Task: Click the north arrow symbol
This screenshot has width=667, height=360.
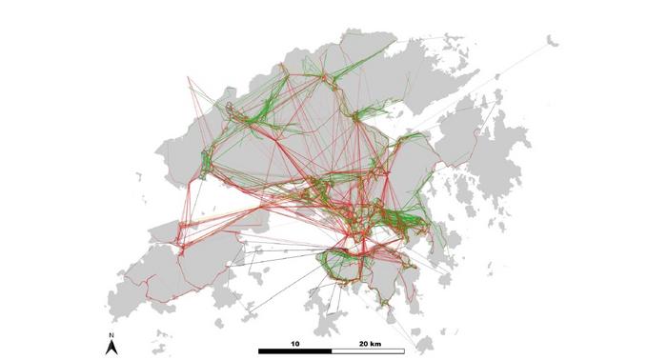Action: coord(111,348)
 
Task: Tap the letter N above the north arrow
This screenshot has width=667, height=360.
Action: coord(111,335)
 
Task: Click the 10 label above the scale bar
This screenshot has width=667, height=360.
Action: coord(295,342)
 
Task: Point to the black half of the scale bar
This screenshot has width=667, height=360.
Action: coord(295,351)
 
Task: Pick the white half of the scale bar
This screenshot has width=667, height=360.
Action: coord(368,351)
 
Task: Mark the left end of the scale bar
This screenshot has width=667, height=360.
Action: coord(259,351)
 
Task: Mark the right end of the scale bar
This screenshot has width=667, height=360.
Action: coord(404,351)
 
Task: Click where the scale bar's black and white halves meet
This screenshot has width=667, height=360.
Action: coord(332,351)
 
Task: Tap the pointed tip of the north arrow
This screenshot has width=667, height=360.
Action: coord(111,341)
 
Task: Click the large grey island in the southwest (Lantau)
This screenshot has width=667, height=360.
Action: coord(181,271)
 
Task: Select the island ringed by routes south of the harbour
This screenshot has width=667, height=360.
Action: coord(367,271)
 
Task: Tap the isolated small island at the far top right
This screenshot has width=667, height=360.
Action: coord(551,40)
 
